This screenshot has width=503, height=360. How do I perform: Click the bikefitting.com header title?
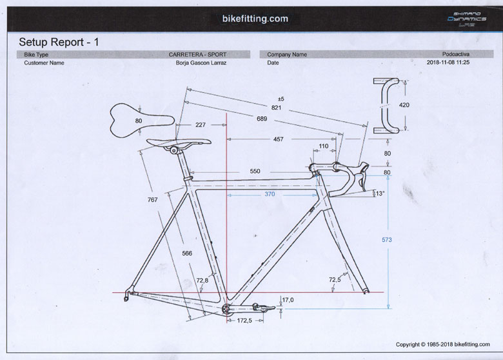pyautogui.click(x=251, y=19)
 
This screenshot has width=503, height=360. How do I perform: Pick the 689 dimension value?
pyautogui.click(x=262, y=119)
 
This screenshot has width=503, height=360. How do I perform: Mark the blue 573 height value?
pyautogui.click(x=387, y=239)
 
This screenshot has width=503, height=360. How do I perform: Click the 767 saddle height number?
pyautogui.click(x=153, y=200)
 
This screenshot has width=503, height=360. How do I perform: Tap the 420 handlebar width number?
pyautogui.click(x=404, y=105)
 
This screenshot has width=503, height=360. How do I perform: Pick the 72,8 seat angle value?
pyautogui.click(x=202, y=281)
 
